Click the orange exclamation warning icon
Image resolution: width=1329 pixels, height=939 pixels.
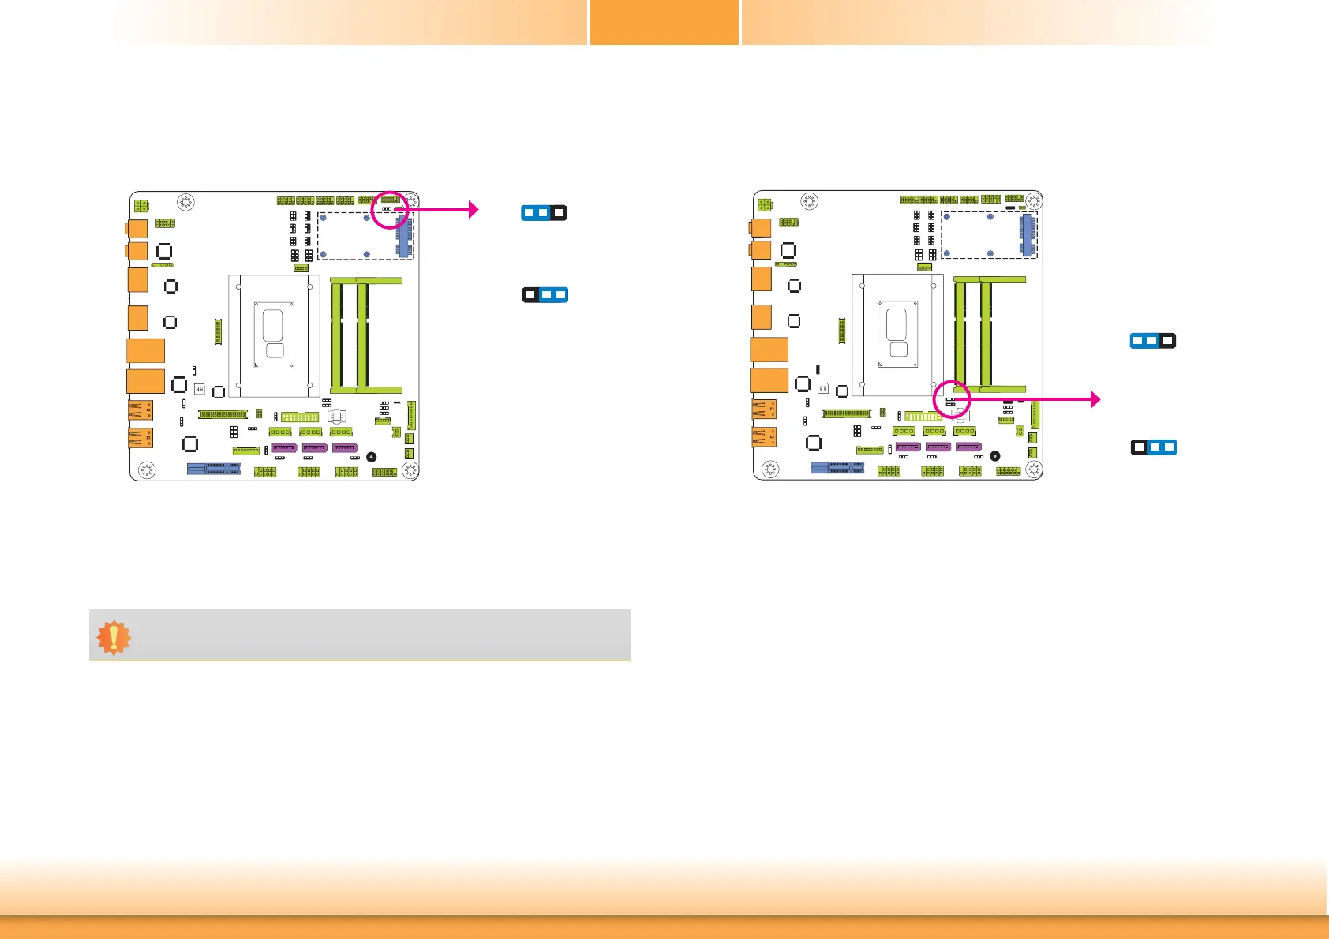[114, 638]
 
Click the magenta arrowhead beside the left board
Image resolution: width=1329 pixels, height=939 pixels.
[474, 209]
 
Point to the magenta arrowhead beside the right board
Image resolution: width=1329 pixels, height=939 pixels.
[1095, 399]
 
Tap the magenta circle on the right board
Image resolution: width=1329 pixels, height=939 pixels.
[952, 399]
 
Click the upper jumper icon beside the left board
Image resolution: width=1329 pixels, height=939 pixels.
[544, 213]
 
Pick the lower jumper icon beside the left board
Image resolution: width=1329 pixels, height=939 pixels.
[545, 295]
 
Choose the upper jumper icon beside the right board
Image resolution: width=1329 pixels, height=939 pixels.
[1153, 341]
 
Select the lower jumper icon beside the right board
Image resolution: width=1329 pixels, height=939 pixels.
[1154, 447]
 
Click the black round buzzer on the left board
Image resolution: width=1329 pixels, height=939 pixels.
[372, 457]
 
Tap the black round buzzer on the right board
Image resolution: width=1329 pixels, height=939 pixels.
[995, 456]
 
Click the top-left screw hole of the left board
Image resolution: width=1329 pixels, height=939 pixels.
[185, 202]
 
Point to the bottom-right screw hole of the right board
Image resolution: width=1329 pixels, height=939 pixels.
[1034, 469]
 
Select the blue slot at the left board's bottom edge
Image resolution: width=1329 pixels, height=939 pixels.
[214, 468]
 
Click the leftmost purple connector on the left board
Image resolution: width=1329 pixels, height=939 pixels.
[284, 448]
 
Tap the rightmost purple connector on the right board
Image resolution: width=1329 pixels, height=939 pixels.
[968, 447]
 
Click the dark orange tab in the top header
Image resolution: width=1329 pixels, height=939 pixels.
[664, 22]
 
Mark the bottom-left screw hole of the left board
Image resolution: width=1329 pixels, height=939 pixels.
[147, 470]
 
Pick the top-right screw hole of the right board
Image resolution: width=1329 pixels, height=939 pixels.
[1034, 201]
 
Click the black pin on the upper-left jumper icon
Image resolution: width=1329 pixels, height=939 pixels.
[559, 213]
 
